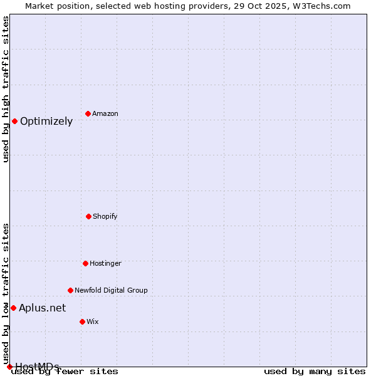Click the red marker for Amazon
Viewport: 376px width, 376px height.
[x=88, y=113]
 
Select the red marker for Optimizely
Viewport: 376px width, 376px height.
[x=14, y=121]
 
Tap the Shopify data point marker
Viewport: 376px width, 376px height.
[x=88, y=216]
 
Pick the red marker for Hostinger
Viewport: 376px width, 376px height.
[x=85, y=263]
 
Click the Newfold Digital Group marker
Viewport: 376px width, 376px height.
[x=70, y=290]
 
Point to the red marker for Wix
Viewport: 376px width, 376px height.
[x=82, y=321]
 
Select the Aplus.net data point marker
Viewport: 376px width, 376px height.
[x=13, y=308]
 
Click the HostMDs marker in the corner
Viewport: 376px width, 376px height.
[x=9, y=367]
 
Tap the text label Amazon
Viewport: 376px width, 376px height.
[x=105, y=114]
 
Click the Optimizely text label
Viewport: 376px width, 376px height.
[x=46, y=122]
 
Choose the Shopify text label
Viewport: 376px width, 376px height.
[x=105, y=217]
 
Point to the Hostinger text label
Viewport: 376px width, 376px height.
[x=105, y=264]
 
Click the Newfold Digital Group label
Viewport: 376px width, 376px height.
[x=111, y=291]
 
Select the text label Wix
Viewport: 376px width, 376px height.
[x=93, y=322]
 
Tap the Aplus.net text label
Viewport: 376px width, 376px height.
[x=42, y=308]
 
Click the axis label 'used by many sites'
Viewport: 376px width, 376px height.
[x=315, y=372]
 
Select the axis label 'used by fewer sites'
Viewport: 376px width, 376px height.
[x=65, y=372]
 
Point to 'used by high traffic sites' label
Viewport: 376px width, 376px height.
[x=6, y=89]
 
